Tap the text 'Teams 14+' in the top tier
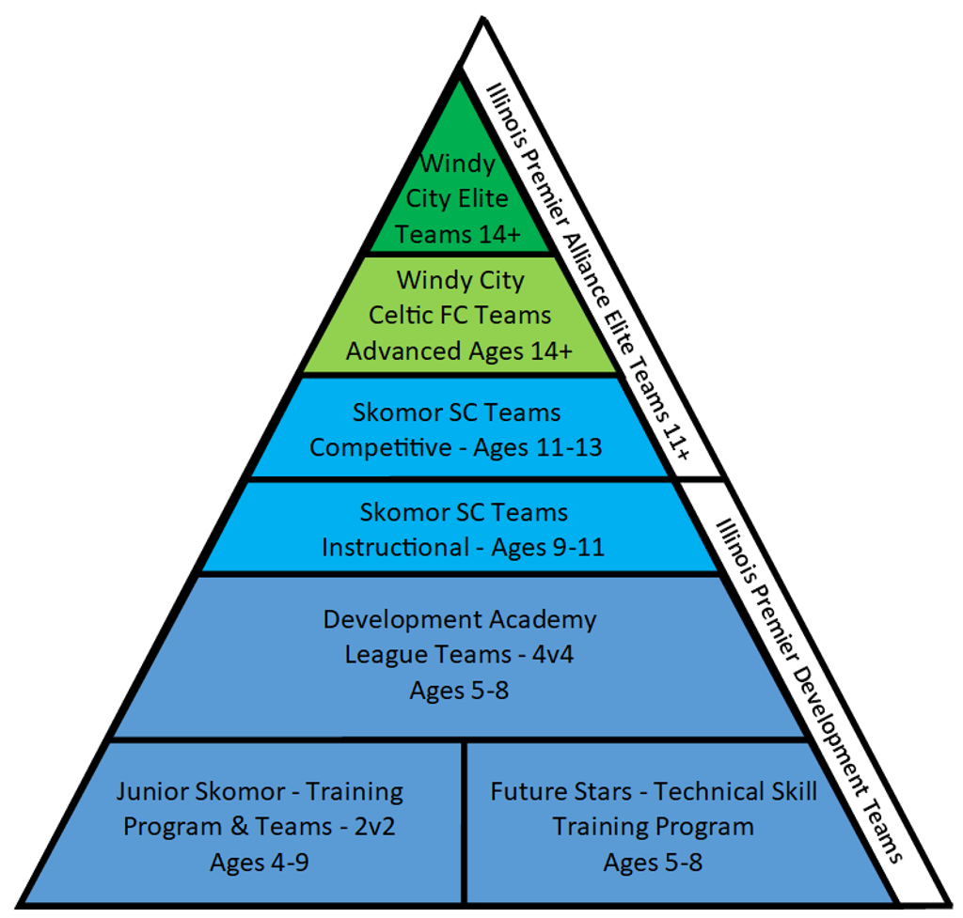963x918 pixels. point(458,233)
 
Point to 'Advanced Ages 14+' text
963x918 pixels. point(460,351)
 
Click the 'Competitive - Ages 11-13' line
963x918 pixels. point(456,447)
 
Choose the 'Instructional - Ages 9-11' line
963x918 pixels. point(463,546)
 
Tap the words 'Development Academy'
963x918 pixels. point(460,619)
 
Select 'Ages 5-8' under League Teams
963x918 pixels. point(459,690)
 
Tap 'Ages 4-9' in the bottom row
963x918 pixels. point(260,862)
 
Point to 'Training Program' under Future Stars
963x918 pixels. point(653,827)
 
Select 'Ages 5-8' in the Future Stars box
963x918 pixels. point(653,862)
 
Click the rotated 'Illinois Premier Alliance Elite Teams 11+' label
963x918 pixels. point(589,272)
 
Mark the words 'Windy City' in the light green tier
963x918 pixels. point(460,280)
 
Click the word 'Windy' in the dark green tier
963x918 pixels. point(457,163)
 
